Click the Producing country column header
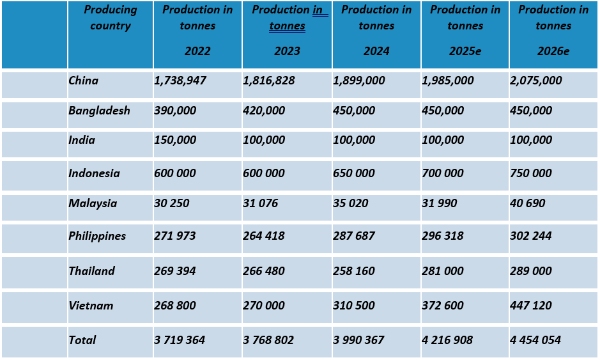(110, 18)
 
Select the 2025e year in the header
(465, 51)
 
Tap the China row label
(84, 81)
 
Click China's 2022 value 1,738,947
(180, 81)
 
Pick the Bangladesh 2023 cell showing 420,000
(264, 111)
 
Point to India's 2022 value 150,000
(175, 140)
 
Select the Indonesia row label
(94, 173)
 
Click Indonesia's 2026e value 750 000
(531, 173)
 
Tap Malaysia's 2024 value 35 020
(354, 203)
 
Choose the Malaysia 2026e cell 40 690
(528, 203)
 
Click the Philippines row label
(97, 236)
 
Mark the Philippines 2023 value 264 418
(264, 236)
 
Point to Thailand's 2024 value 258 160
(354, 271)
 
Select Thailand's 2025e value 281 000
(443, 271)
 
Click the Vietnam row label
(91, 306)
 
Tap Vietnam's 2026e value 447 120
(531, 306)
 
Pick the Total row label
(82, 340)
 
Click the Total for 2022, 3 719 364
(180, 340)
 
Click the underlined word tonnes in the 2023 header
(287, 26)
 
